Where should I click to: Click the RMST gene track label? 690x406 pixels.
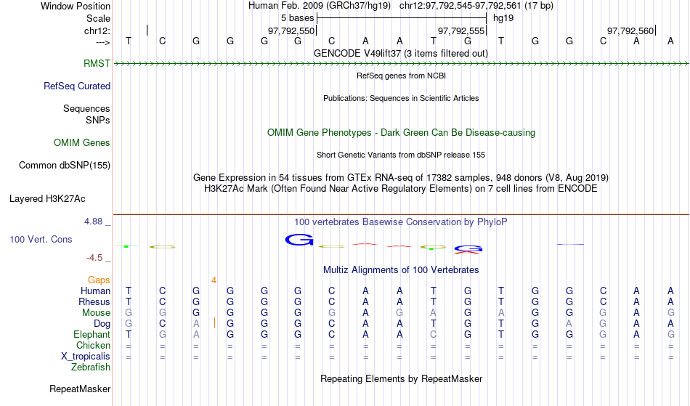[97, 63]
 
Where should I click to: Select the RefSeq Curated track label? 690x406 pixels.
[77, 86]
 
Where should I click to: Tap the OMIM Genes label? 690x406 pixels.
[82, 142]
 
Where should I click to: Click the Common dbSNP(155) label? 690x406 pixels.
[65, 165]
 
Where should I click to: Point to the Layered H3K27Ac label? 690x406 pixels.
[47, 198]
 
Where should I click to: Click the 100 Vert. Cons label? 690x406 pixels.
[41, 239]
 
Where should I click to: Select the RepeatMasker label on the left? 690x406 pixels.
[80, 389]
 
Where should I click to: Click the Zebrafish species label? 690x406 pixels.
[91, 367]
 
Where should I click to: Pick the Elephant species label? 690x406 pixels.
[92, 334]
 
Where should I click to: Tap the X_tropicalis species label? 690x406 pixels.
[86, 357]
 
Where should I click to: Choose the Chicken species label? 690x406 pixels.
[93, 345]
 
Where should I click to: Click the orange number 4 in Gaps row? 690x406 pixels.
[214, 280]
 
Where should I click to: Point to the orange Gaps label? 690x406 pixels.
[99, 280]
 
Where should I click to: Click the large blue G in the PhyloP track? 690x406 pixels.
[299, 240]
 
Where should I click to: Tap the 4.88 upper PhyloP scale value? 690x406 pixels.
[94, 222]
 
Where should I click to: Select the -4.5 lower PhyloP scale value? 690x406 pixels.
[94, 257]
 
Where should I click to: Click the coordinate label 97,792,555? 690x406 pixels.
[460, 31]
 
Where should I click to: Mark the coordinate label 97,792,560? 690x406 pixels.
[630, 31]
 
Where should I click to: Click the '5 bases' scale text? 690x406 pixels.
[298, 18]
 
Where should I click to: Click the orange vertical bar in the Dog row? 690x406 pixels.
[214, 323]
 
